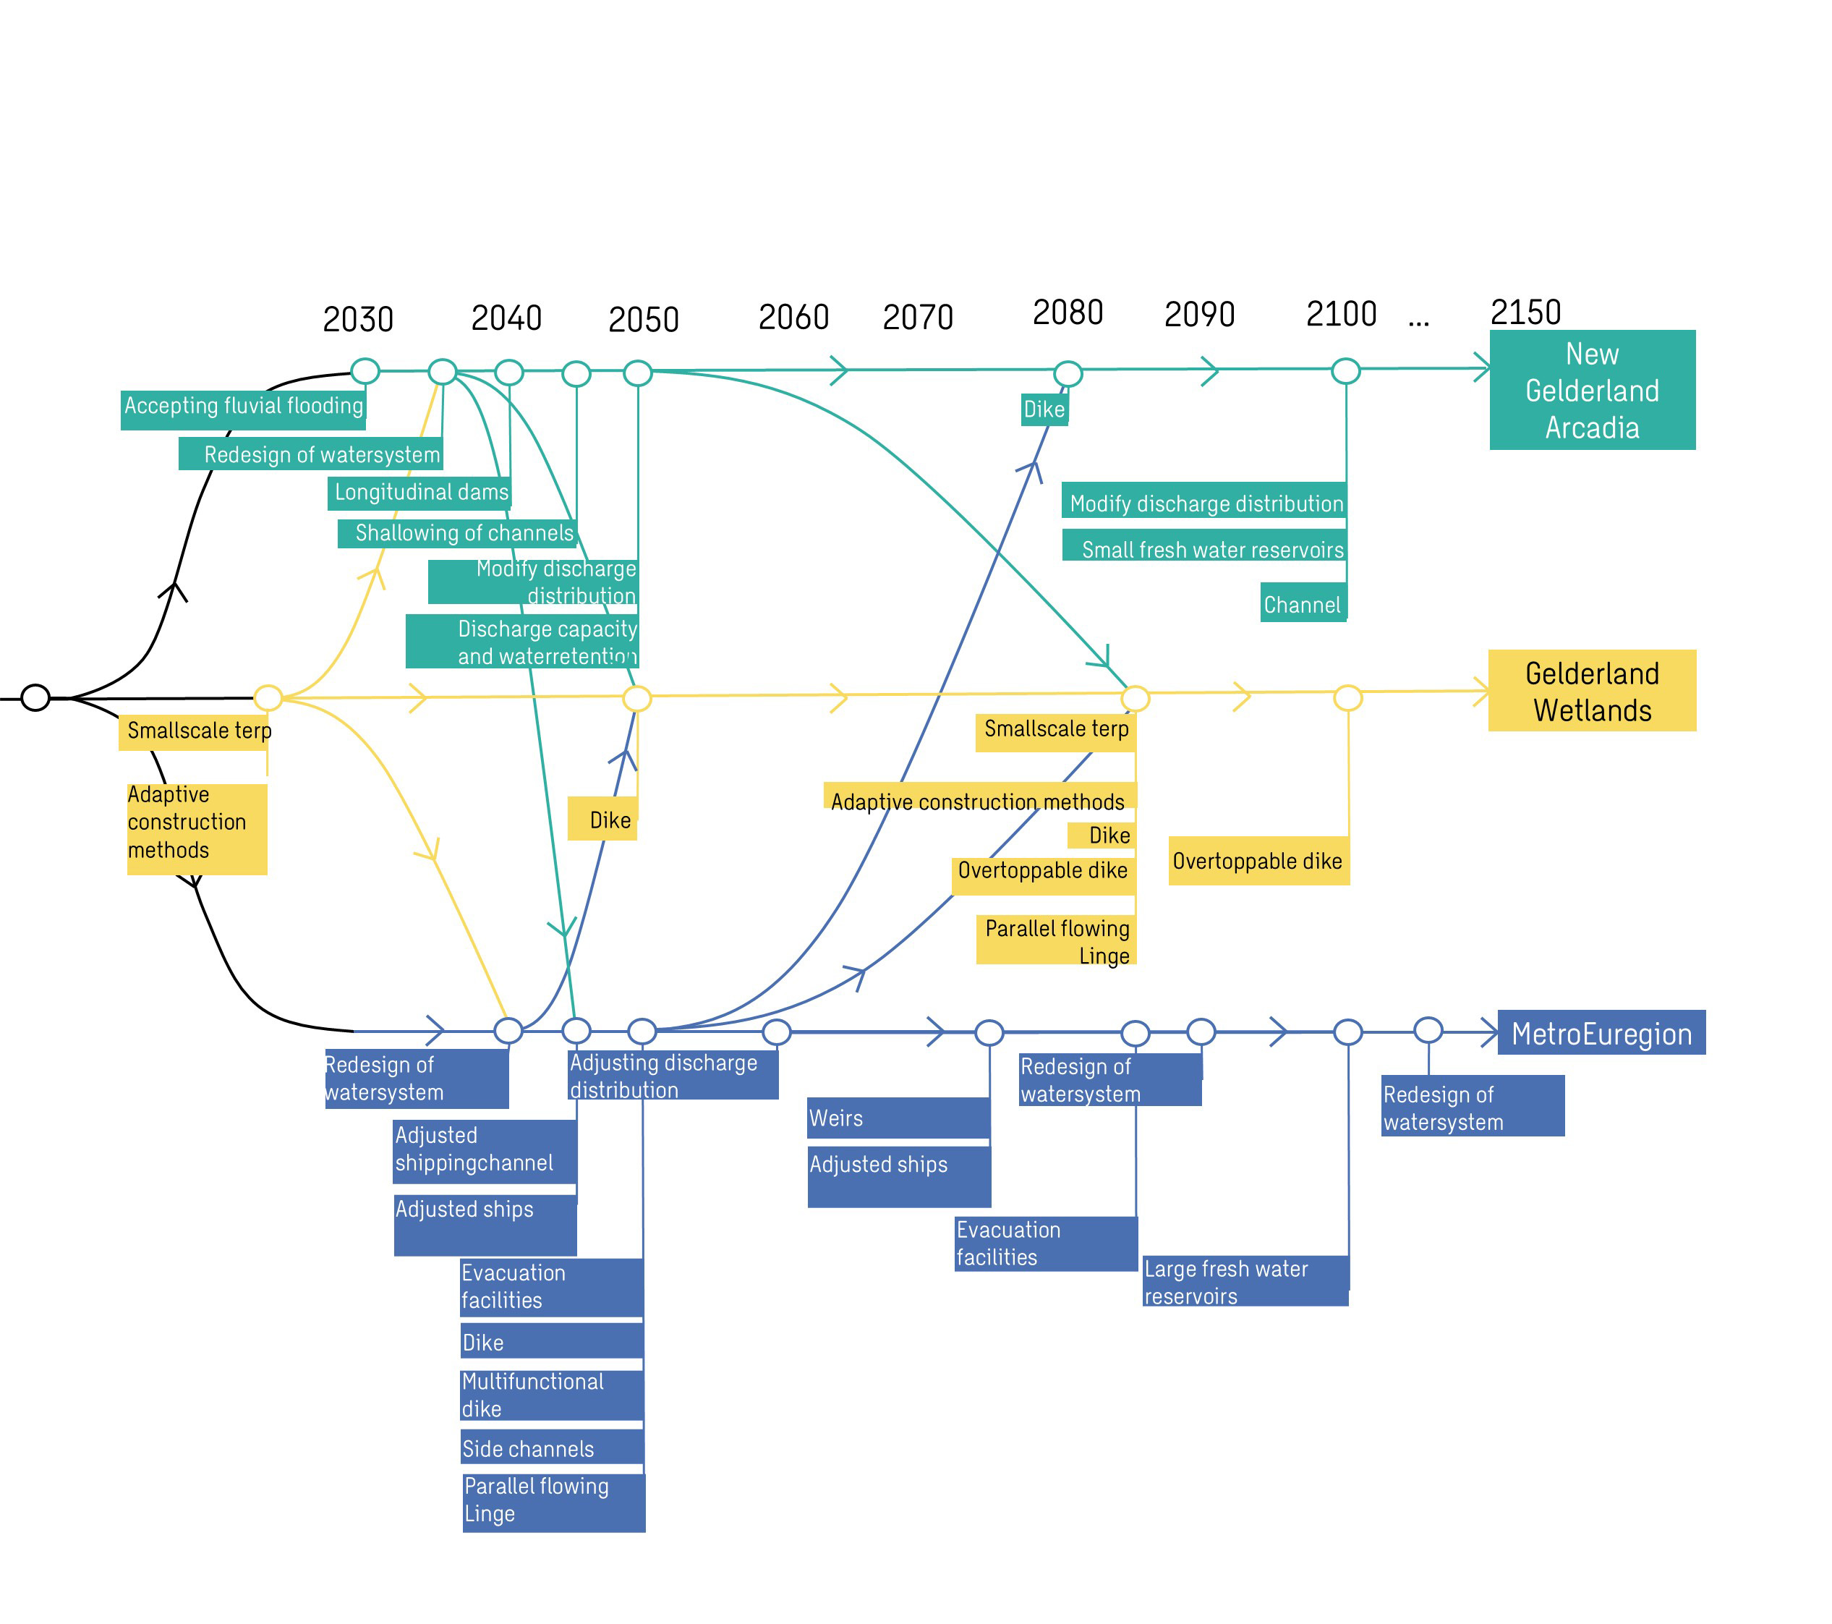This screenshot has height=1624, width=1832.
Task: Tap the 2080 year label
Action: (x=1068, y=312)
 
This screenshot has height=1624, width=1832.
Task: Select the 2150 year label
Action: (x=1525, y=312)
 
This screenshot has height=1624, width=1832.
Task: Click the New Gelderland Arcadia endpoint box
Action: (x=1593, y=390)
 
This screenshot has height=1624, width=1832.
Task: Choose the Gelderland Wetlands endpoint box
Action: (x=1593, y=691)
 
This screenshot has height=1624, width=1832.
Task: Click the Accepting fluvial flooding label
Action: (x=243, y=409)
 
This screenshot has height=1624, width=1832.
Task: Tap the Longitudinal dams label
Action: (x=419, y=493)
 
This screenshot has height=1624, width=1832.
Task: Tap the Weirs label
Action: (x=899, y=1118)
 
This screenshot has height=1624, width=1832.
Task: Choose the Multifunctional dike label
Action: (x=552, y=1395)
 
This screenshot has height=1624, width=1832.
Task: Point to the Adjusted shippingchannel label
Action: (x=485, y=1151)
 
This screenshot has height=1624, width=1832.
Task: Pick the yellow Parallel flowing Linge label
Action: (x=1056, y=940)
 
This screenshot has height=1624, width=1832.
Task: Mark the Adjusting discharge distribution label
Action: (x=673, y=1075)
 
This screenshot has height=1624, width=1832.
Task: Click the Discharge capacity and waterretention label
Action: (x=521, y=642)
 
